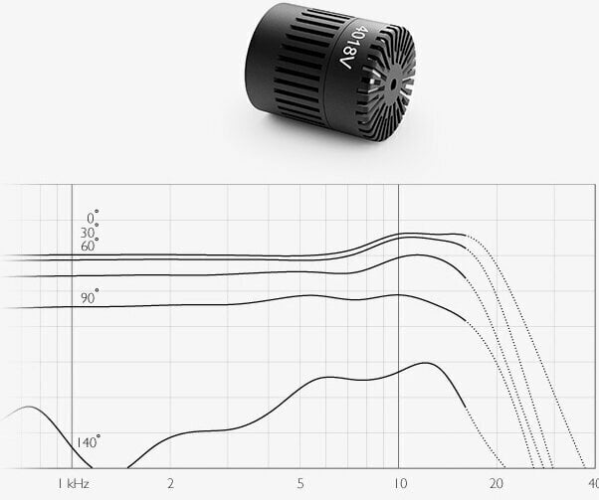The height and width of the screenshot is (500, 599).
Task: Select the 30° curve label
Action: (x=90, y=232)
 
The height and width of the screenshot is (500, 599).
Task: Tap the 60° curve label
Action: (x=90, y=246)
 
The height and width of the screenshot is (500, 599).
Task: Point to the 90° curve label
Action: (x=90, y=297)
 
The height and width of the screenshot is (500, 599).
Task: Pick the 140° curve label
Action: (x=88, y=441)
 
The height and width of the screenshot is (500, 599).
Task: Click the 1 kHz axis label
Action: (x=74, y=484)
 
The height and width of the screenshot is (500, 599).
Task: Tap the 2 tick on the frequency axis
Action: (x=170, y=484)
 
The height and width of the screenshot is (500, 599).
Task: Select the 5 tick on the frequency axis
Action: (x=300, y=484)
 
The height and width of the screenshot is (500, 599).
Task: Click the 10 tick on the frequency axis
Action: (x=400, y=484)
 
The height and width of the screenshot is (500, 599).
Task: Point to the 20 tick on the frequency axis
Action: (x=496, y=484)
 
